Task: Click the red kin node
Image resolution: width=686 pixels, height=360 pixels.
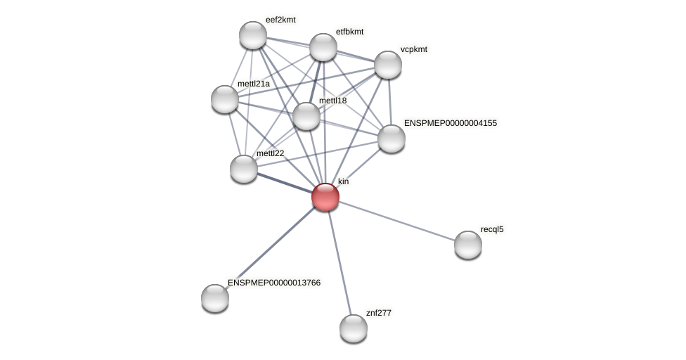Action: pyautogui.click(x=325, y=197)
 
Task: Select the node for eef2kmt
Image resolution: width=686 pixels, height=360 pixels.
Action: pyautogui.click(x=253, y=35)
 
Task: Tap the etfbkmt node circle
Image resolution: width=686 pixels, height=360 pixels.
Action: pyautogui.click(x=323, y=47)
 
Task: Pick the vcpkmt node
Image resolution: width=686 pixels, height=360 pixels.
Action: pyautogui.click(x=388, y=65)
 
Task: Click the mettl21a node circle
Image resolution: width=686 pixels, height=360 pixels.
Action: pyautogui.click(x=225, y=99)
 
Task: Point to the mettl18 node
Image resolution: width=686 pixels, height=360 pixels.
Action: pyautogui.click(x=306, y=116)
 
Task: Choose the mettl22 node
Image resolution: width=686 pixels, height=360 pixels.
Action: pyautogui.click(x=244, y=169)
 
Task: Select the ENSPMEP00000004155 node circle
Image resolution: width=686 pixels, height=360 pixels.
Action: pyautogui.click(x=391, y=139)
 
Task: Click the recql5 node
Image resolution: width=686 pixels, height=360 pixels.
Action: pyautogui.click(x=468, y=245)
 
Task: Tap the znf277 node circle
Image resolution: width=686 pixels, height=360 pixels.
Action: pyautogui.click(x=354, y=328)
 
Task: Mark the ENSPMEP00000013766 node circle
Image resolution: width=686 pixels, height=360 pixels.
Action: pyautogui.click(x=215, y=298)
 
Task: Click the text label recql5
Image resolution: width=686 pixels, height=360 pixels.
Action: pyautogui.click(x=492, y=229)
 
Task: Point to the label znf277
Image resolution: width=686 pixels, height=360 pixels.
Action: pyautogui.click(x=379, y=313)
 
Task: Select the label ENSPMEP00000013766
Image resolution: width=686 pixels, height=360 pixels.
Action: pyautogui.click(x=274, y=283)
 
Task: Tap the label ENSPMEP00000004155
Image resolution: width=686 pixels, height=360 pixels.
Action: pyautogui.click(x=451, y=123)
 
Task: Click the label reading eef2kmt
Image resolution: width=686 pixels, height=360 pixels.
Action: pyautogui.click(x=280, y=20)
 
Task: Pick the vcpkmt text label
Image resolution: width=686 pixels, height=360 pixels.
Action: pyautogui.click(x=414, y=49)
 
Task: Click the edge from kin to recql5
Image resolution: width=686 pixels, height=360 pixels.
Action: pyautogui.click(x=397, y=221)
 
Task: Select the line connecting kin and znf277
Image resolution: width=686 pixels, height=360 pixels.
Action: pyautogui.click(x=339, y=262)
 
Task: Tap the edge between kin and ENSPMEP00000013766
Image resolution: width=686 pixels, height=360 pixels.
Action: pyautogui.click(x=271, y=247)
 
